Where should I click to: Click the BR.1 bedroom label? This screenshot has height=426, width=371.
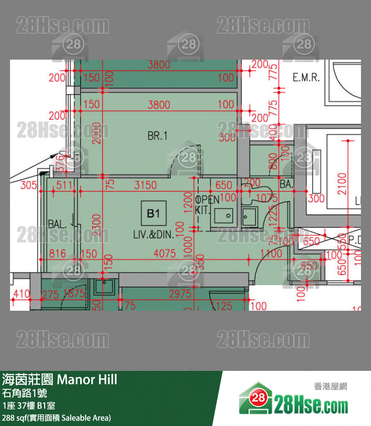click(x=157, y=136)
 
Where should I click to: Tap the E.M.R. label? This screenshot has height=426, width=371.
click(x=306, y=78)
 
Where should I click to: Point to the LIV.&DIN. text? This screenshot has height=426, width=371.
click(x=153, y=234)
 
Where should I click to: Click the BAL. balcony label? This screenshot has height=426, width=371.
click(x=58, y=224)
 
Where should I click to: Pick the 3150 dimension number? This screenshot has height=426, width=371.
click(x=146, y=185)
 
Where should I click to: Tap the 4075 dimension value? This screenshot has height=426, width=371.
click(x=165, y=254)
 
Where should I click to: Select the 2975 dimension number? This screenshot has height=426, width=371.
click(x=179, y=294)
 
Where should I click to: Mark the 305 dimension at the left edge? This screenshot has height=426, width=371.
click(x=29, y=185)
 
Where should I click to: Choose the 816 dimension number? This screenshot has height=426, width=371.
click(x=57, y=254)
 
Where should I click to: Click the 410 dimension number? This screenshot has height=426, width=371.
click(x=22, y=294)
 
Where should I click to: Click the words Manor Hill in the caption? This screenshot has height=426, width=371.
click(x=87, y=379)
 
